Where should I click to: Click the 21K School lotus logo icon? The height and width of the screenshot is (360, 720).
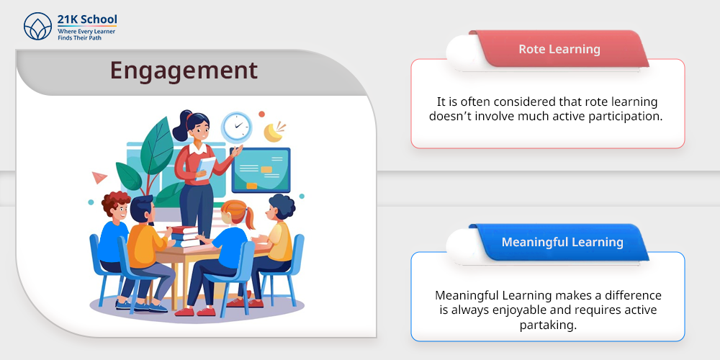pos(37,26)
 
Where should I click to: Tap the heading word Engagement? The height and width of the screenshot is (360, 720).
pos(184,71)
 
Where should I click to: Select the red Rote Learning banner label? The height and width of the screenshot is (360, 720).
pos(559,49)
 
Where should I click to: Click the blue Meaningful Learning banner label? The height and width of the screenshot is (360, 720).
pos(562,242)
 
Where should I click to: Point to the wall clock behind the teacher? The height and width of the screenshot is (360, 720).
pos(236,127)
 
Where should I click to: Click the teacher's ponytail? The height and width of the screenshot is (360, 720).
pos(181,126)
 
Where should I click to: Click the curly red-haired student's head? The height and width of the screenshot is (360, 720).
pos(116,207)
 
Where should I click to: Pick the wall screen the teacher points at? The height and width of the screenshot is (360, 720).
pos(261,170)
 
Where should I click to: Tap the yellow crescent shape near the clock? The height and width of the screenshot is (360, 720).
pos(273,132)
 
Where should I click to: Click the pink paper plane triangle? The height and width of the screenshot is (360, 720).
pos(99,177)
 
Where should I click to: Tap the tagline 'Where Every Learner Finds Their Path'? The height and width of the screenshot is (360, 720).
pos(86,35)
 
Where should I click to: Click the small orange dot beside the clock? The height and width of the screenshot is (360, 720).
pos(262,114)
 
